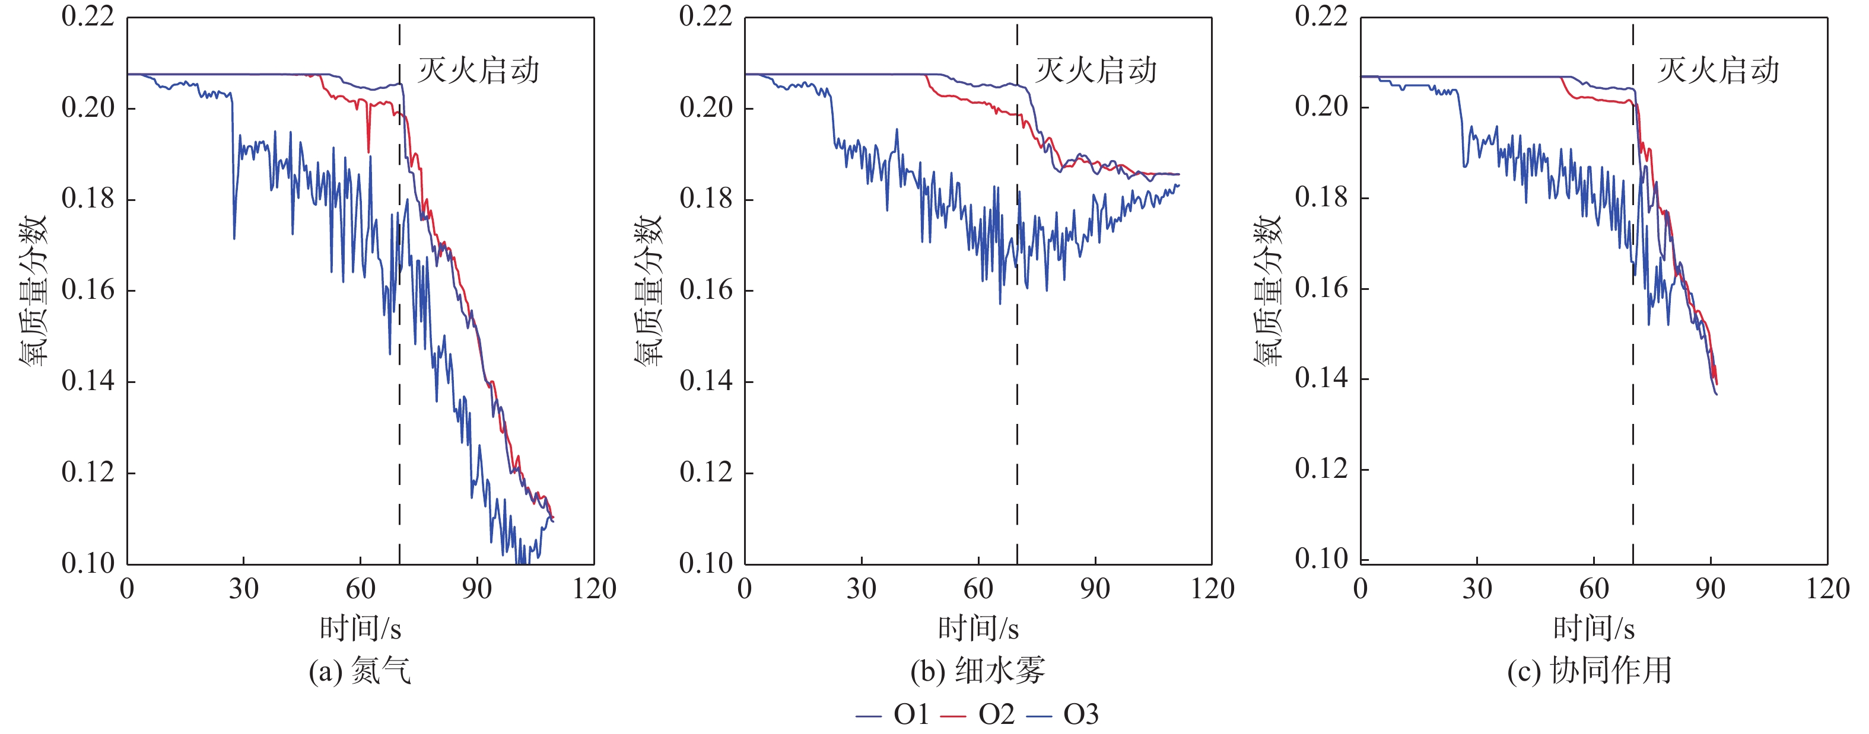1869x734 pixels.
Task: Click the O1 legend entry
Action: (x=911, y=715)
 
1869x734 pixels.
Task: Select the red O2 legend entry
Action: (x=996, y=715)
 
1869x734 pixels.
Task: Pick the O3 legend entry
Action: (x=1080, y=715)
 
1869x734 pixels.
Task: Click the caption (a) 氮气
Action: (x=360, y=671)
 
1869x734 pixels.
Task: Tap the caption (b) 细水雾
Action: (x=977, y=671)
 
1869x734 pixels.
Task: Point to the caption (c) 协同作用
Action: (x=1590, y=671)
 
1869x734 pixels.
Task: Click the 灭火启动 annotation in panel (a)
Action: (x=478, y=71)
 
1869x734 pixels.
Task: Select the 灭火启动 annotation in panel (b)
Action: (x=1095, y=71)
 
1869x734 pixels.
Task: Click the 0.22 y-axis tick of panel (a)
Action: (x=88, y=16)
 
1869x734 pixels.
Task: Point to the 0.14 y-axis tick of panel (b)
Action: (x=705, y=381)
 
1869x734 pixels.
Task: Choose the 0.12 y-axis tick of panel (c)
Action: (x=1321, y=468)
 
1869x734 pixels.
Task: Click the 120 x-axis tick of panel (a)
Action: (x=593, y=588)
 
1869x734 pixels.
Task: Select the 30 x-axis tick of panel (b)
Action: (x=861, y=588)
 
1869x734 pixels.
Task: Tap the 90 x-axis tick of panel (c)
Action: (x=1710, y=588)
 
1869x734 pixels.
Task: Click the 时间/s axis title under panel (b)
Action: (x=977, y=628)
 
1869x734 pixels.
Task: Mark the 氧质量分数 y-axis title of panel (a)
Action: (x=33, y=290)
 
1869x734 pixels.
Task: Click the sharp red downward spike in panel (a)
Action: (x=368, y=145)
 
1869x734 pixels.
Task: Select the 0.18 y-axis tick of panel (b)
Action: (x=705, y=199)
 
